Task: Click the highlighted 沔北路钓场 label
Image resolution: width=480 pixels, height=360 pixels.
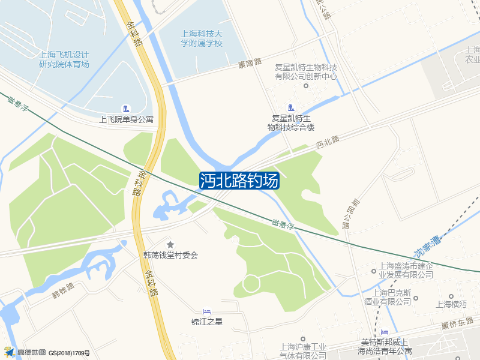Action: click(x=239, y=181)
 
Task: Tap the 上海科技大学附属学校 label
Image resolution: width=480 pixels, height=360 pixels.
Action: click(x=202, y=38)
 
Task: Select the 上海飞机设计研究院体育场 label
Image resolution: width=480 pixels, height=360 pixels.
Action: click(x=64, y=59)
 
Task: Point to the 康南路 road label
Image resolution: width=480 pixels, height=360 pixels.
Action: click(x=250, y=62)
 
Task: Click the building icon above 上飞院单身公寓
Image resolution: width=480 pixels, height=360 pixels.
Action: click(x=126, y=109)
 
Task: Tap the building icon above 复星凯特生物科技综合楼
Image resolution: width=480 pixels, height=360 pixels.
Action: click(x=292, y=107)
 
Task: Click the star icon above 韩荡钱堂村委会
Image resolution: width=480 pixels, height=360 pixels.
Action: click(x=170, y=244)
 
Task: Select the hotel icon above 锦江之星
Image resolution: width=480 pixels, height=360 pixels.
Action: click(x=207, y=311)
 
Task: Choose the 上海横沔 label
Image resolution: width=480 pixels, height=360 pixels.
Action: click(x=452, y=304)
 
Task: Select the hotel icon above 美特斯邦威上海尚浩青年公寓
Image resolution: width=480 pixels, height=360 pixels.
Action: click(x=385, y=332)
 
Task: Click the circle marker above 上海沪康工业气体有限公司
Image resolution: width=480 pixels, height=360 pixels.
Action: click(x=303, y=339)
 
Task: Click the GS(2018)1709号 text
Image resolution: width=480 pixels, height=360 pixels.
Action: click(x=69, y=353)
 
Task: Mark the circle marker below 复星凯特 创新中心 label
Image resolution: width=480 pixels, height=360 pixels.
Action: click(x=305, y=86)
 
